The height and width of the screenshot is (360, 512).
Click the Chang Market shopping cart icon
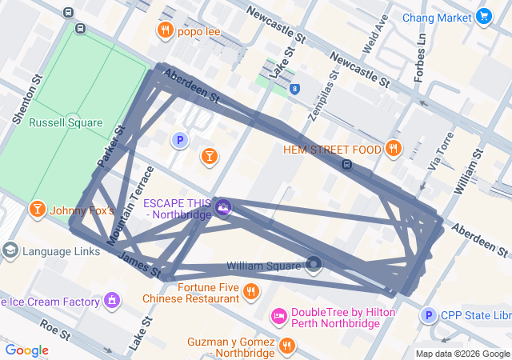[483, 16]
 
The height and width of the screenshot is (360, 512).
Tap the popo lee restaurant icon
[165, 31]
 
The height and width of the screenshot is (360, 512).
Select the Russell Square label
[66, 123]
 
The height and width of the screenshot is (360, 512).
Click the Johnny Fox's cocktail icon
[37, 210]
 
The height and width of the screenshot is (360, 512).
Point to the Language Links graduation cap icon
[10, 250]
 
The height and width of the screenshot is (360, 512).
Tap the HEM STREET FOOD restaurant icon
[393, 148]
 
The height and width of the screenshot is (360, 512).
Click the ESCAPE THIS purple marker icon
[223, 208]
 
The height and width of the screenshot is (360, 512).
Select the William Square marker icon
[314, 264]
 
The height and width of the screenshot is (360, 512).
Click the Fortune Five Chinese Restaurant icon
[250, 291]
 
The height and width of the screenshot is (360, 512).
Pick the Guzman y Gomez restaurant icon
[286, 346]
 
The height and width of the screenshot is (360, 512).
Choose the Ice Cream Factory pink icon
[112, 302]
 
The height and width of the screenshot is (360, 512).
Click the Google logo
[26, 350]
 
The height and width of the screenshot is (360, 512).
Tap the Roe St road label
[54, 330]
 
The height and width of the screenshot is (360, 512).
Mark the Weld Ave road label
[376, 33]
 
